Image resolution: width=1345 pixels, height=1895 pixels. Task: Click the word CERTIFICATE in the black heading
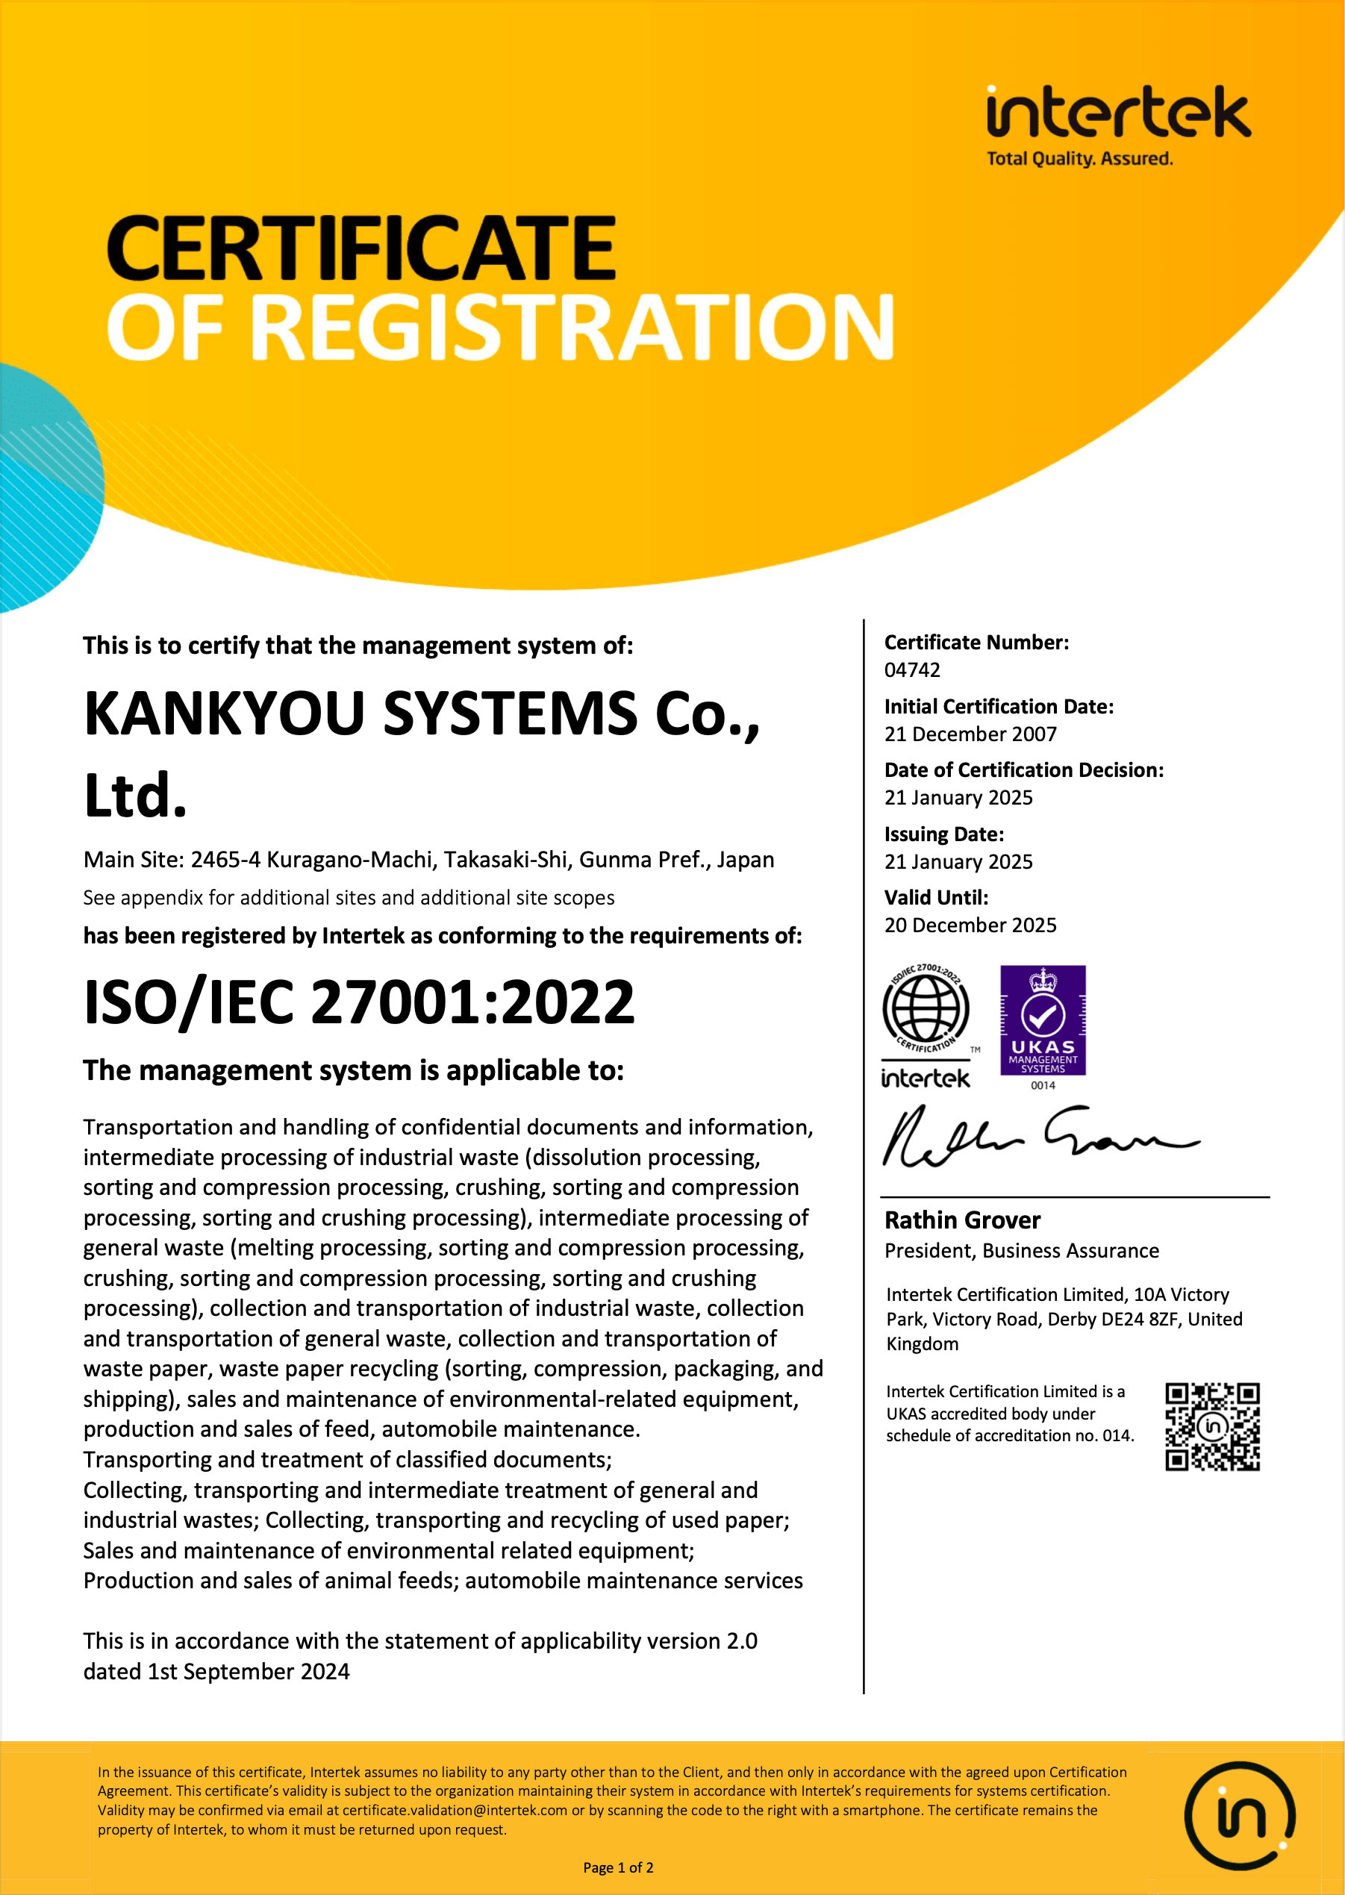tap(361, 248)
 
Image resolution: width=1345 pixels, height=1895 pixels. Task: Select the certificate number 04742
tap(912, 670)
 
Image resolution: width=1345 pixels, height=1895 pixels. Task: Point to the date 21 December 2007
tap(970, 734)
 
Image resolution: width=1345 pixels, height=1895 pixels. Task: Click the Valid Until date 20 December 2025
tap(970, 925)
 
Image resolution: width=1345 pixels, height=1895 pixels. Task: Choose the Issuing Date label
tap(943, 834)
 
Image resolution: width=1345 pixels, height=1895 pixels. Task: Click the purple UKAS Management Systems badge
tap(1043, 1020)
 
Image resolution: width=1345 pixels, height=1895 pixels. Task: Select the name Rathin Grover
tap(961, 1220)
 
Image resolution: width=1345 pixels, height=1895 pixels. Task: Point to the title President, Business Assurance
tap(1021, 1251)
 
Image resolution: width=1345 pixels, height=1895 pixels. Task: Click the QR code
tap(1212, 1426)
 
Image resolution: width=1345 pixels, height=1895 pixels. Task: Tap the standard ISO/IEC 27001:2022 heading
tap(358, 1002)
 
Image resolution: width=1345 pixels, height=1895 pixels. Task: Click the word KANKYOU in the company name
tap(224, 714)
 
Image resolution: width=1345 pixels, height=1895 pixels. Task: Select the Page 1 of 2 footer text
tap(618, 1867)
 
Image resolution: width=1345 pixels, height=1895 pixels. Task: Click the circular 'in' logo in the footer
tap(1240, 1815)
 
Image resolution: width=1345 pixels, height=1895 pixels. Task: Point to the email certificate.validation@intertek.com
tap(455, 1810)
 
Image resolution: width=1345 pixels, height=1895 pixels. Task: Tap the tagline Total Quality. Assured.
tap(1079, 159)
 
